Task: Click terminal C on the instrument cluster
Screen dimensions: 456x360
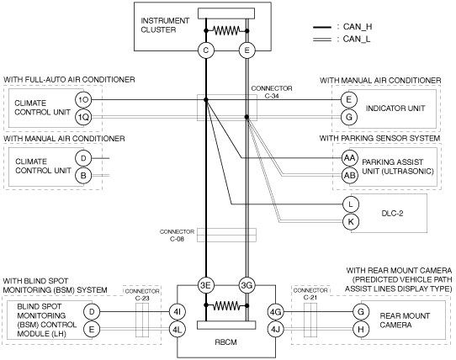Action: pyautogui.click(x=206, y=50)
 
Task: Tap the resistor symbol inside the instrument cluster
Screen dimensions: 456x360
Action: pyautogui.click(x=226, y=30)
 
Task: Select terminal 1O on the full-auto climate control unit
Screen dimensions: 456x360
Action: pyautogui.click(x=83, y=100)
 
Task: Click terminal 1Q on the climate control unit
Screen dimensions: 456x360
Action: pyautogui.click(x=83, y=117)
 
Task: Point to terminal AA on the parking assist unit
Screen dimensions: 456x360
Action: pyautogui.click(x=349, y=158)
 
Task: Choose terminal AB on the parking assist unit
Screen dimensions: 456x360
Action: pyautogui.click(x=349, y=175)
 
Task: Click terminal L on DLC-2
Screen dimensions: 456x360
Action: pyautogui.click(x=351, y=204)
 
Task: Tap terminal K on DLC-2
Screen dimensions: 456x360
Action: pyautogui.click(x=351, y=221)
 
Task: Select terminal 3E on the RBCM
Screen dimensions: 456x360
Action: pyautogui.click(x=205, y=285)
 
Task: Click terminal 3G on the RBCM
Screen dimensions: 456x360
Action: pyautogui.click(x=247, y=285)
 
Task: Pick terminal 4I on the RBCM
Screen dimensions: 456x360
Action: pyautogui.click(x=178, y=312)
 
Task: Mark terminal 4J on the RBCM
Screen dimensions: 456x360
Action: pyautogui.click(x=275, y=329)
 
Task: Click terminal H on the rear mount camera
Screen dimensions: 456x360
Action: pyautogui.click(x=361, y=329)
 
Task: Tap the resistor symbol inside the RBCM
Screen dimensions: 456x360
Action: pyautogui.click(x=226, y=305)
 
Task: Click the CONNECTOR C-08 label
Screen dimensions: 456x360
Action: pyautogui.click(x=177, y=236)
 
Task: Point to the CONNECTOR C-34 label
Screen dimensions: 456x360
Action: pyautogui.click(x=272, y=92)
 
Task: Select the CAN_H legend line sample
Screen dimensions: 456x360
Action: pyautogui.click(x=322, y=27)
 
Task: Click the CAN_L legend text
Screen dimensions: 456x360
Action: pyautogui.click(x=357, y=39)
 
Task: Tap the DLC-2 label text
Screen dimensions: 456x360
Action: pyautogui.click(x=392, y=214)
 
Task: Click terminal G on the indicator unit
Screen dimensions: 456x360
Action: pyautogui.click(x=349, y=117)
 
